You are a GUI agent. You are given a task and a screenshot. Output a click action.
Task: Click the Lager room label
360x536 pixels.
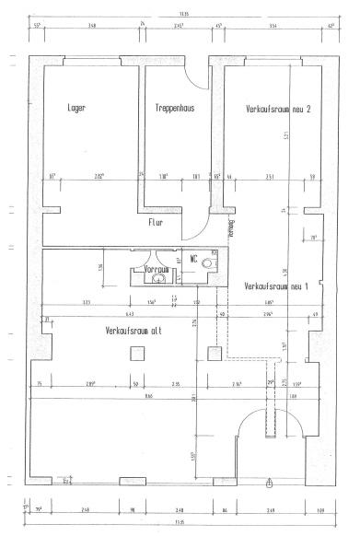click(77, 109)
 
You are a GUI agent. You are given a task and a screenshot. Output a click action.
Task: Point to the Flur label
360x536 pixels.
click(156, 222)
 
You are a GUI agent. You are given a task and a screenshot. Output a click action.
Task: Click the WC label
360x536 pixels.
click(193, 260)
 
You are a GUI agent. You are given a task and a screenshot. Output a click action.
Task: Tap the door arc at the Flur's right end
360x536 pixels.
click(197, 236)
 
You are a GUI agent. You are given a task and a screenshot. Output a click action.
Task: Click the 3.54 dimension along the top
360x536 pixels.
click(273, 26)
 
